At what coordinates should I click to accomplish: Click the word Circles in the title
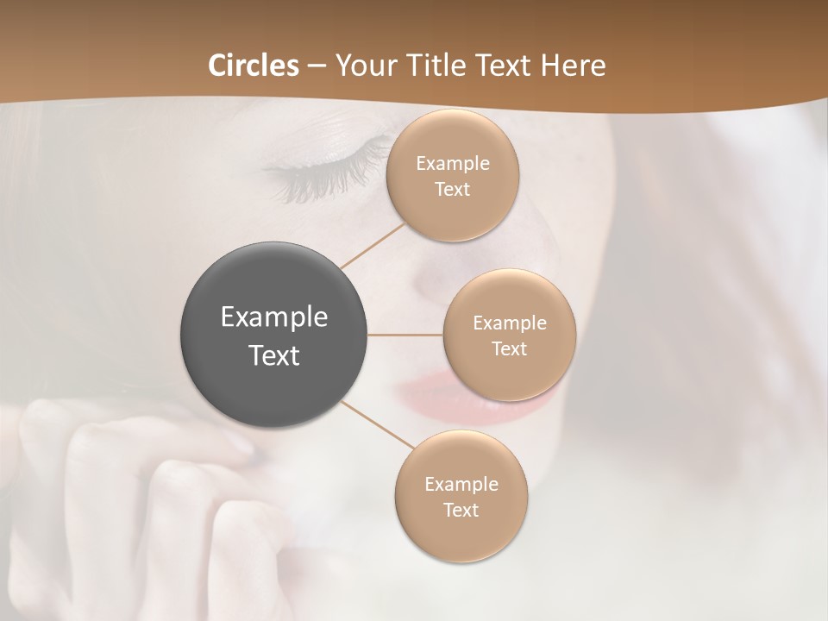(x=254, y=66)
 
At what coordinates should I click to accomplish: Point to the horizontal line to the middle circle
(x=405, y=335)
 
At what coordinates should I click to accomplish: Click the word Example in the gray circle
(x=273, y=317)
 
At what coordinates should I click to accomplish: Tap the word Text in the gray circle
(x=273, y=355)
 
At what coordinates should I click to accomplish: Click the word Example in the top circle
(x=452, y=163)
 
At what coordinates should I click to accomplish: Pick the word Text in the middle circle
(x=509, y=348)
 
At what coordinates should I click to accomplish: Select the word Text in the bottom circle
(x=461, y=510)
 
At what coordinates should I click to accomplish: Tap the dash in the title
(x=317, y=66)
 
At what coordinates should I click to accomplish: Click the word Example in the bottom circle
(x=461, y=484)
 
